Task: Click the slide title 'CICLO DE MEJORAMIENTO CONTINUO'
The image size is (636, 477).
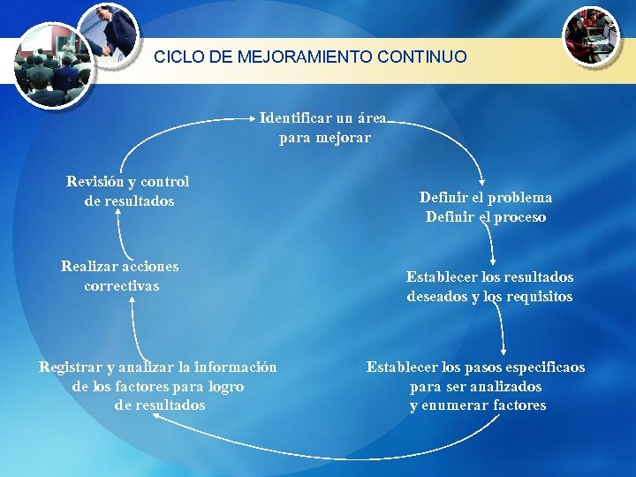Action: coord(310,57)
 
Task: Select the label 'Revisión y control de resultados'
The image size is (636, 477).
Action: coord(128,192)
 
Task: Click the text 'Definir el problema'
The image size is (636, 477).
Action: coord(486,198)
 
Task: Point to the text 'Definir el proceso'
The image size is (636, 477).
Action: coord(486,217)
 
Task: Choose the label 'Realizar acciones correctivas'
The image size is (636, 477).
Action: coord(120,276)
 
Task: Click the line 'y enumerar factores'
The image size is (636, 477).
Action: coord(478,405)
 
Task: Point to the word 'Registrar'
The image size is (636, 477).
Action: coord(70,367)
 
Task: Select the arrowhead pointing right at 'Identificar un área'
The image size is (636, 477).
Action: coord(253,117)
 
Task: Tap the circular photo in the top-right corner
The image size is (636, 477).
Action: coord(592,35)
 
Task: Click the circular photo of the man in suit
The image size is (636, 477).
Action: coord(109,34)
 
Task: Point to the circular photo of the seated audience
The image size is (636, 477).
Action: coord(54,66)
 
